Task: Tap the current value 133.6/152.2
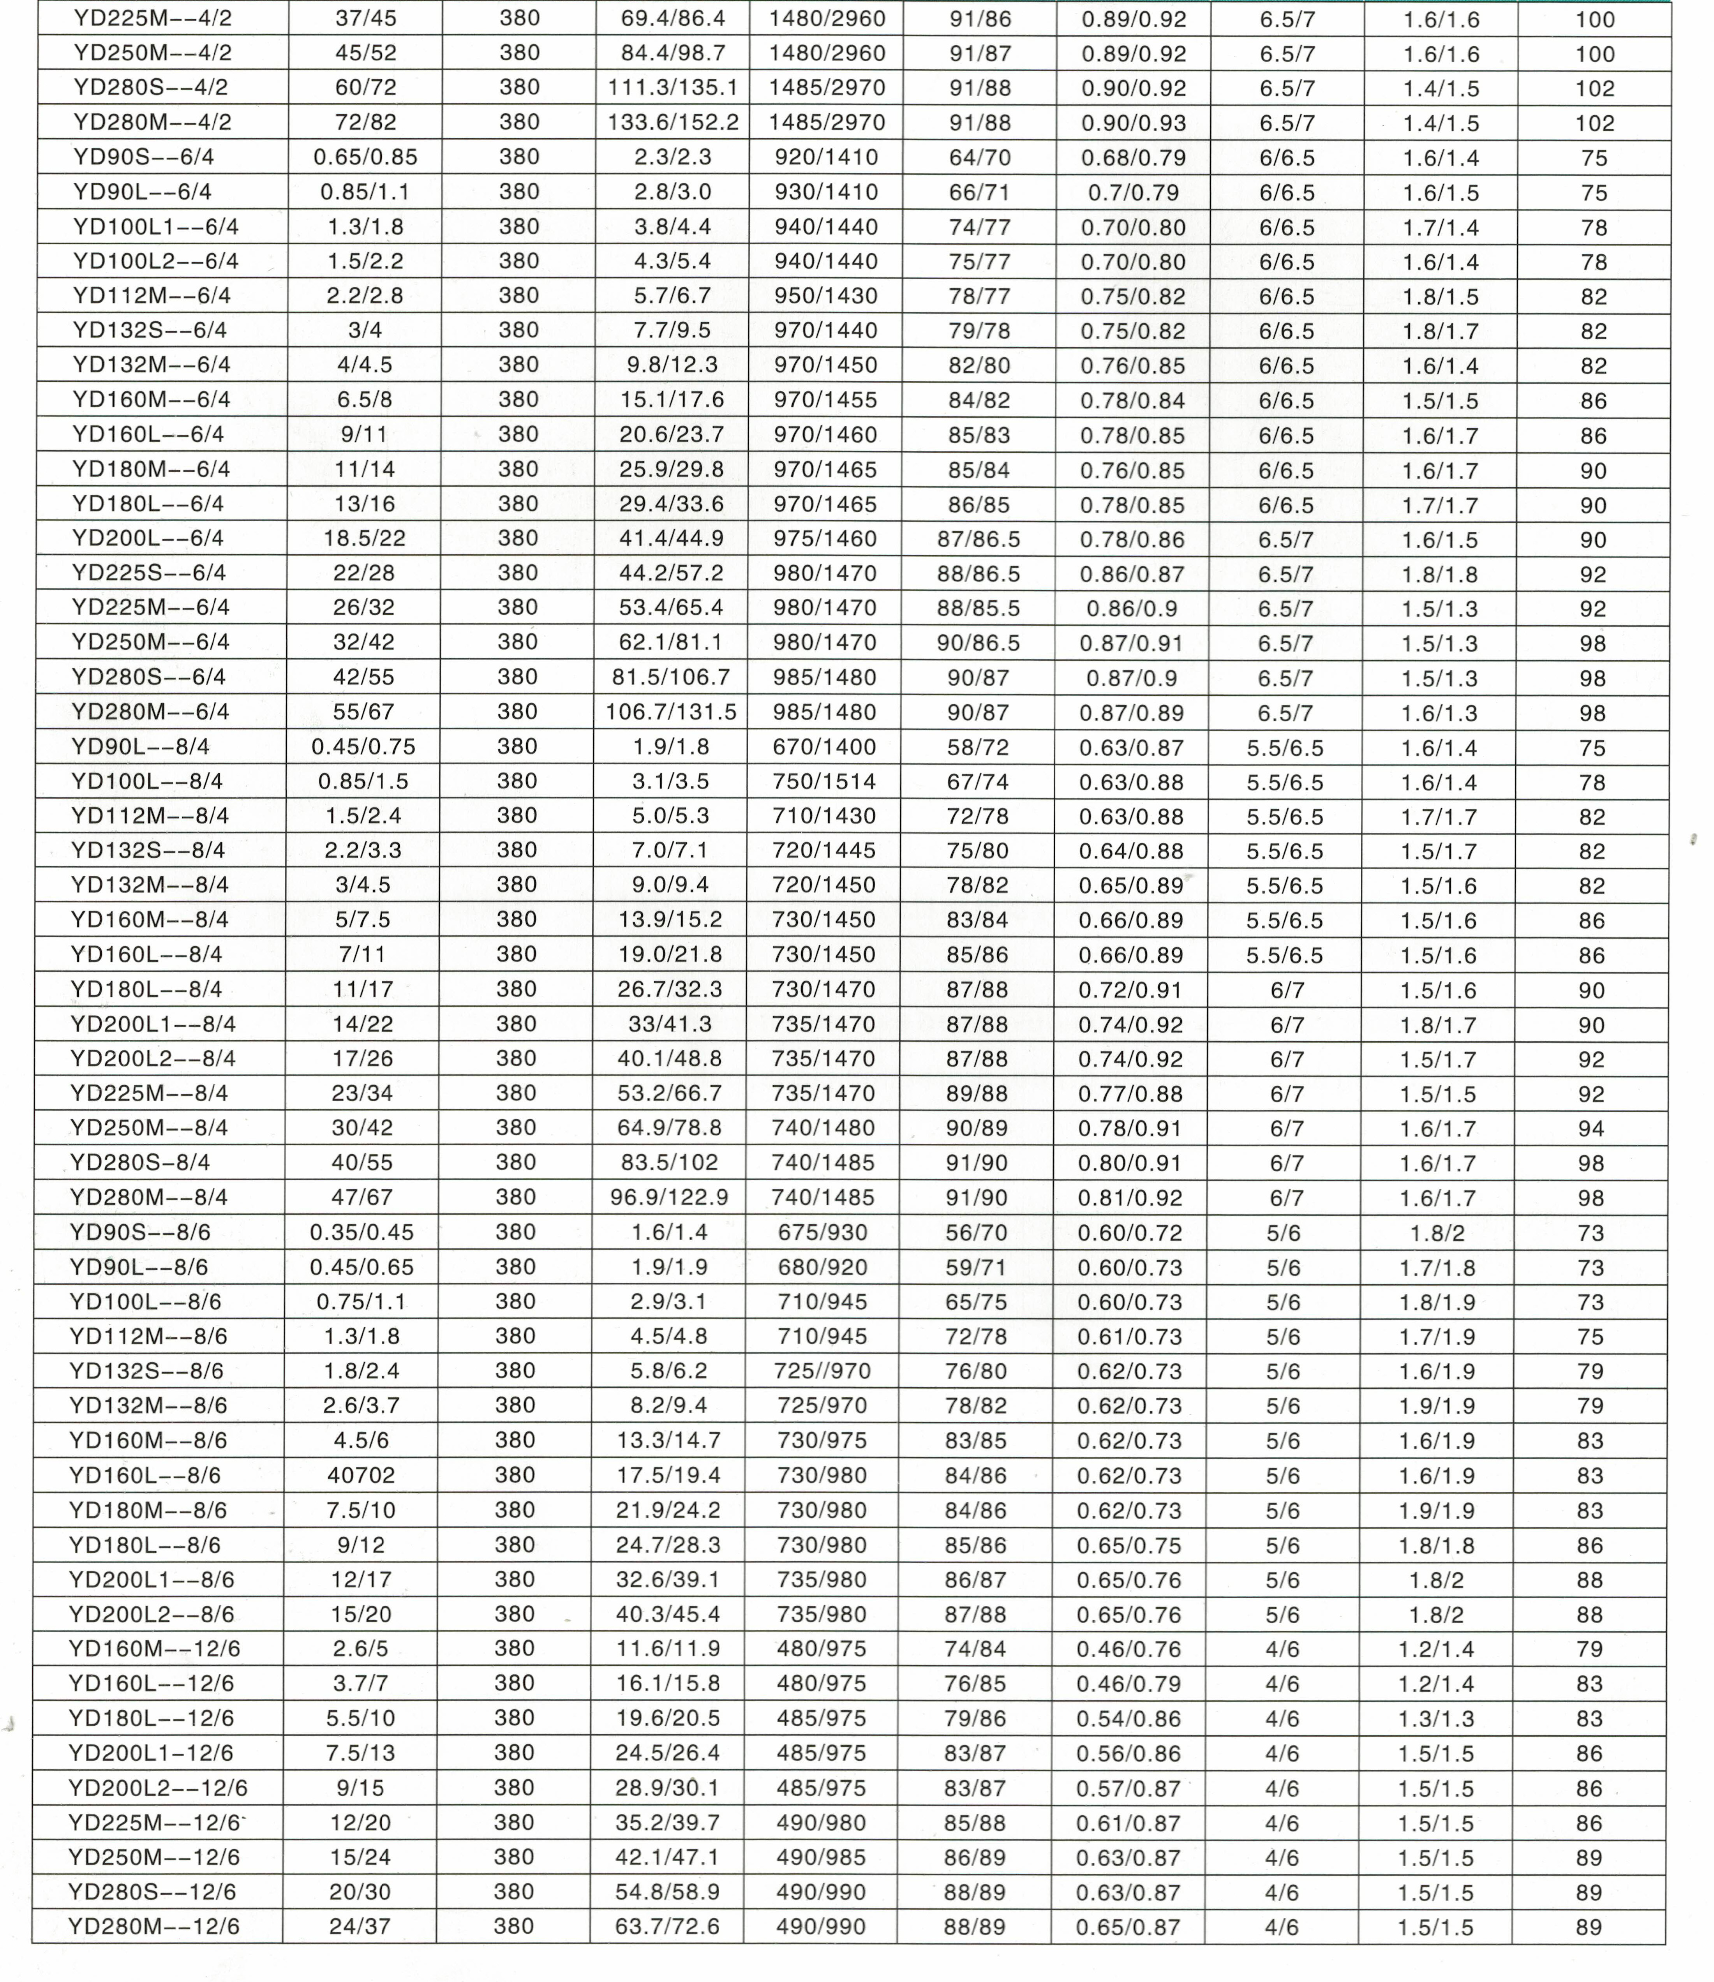point(672,122)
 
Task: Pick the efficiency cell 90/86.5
point(979,643)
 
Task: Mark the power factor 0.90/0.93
point(1134,122)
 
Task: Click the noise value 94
point(1591,1129)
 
